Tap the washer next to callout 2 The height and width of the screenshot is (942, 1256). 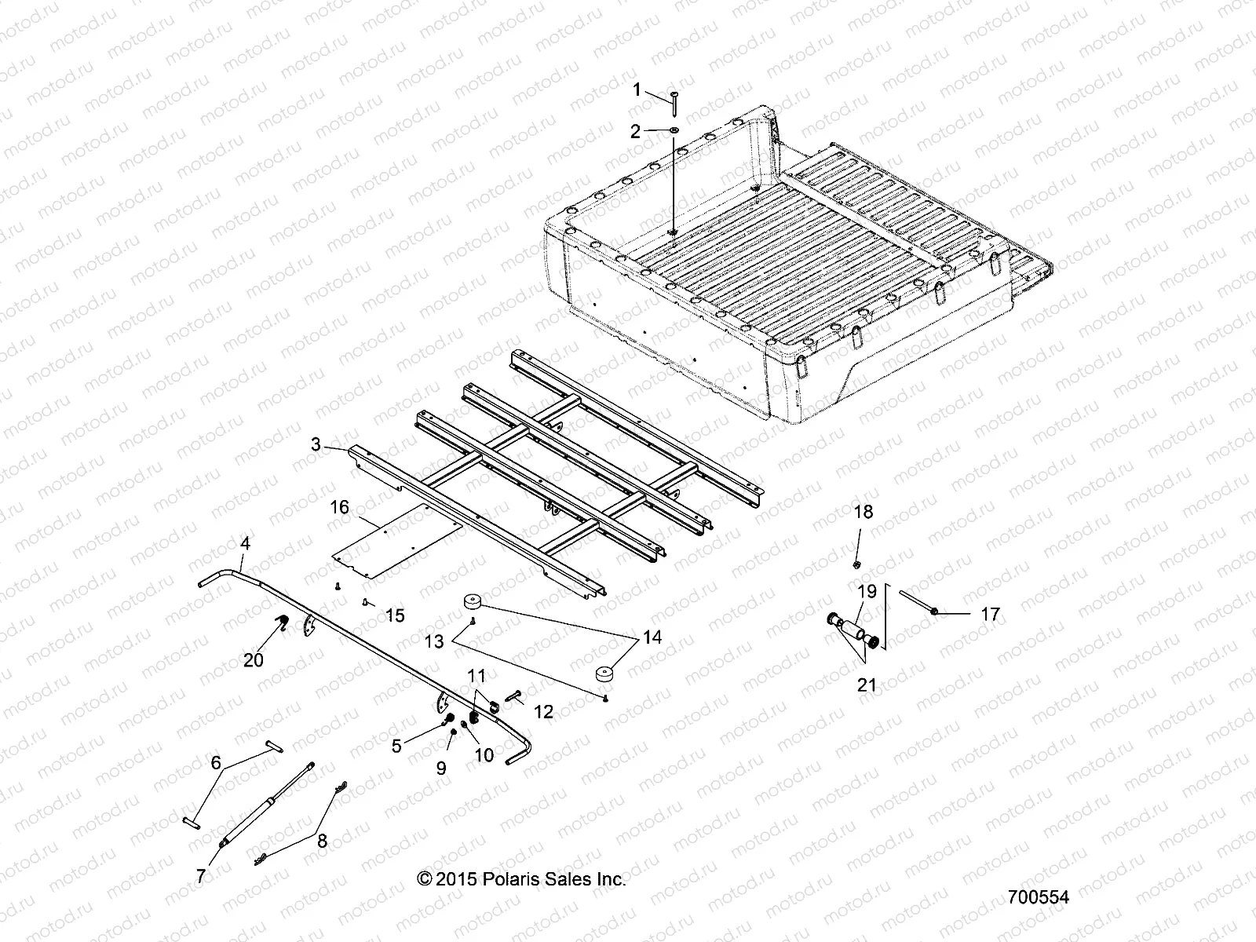pos(676,130)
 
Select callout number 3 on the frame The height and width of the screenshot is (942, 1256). pos(316,445)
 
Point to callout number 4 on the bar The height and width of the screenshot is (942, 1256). pos(245,542)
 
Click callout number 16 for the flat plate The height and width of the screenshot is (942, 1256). pos(339,508)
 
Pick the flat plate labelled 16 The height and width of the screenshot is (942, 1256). pos(392,542)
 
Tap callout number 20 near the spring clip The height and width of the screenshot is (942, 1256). pos(253,659)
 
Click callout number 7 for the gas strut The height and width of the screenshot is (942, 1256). pos(201,876)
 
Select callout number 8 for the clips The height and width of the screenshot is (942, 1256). pos(322,842)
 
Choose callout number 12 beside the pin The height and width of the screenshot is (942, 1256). pos(543,711)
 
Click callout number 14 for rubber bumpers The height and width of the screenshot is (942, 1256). pos(652,637)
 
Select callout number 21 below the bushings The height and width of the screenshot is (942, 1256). pos(866,685)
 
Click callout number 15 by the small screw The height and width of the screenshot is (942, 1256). pos(395,615)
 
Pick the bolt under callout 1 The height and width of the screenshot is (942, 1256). pos(675,97)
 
